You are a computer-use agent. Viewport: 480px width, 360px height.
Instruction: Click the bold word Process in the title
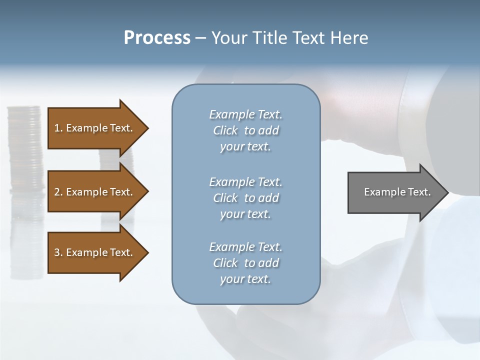point(157,38)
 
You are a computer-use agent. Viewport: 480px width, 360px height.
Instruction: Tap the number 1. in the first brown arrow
point(58,128)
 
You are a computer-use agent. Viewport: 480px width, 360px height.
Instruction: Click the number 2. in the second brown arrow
point(58,192)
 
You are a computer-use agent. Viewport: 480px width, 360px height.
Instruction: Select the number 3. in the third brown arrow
point(58,252)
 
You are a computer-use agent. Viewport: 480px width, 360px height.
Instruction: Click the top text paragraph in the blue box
point(245,130)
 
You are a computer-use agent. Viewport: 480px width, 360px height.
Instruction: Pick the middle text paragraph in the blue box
point(245,198)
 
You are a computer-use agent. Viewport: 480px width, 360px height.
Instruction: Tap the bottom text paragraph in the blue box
point(245,263)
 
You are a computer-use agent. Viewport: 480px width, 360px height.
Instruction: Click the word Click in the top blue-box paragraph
point(225,131)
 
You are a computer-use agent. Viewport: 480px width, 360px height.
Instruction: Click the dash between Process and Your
point(201,38)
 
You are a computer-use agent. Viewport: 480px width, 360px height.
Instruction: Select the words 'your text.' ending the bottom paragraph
point(245,279)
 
